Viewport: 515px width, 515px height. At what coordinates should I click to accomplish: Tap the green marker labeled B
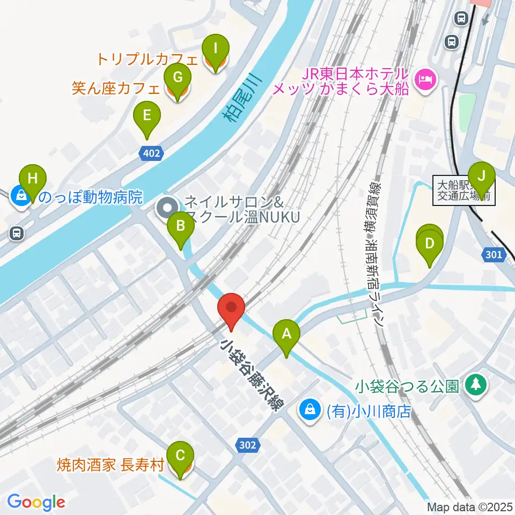pos(181,226)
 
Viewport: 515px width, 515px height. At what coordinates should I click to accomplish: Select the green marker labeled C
pos(180,456)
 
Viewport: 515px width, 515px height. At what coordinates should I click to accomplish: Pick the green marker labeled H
pos(33,178)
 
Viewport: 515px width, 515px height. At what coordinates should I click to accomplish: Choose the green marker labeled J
pos(482,175)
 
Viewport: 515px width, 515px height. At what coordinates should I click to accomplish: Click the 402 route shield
pos(151,154)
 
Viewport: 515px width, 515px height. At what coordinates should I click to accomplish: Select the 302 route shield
pos(247,445)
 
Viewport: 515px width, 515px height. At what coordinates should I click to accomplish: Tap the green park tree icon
pos(476,385)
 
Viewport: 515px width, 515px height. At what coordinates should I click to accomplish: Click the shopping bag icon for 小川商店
pos(310,410)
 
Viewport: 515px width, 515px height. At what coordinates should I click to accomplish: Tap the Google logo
pos(36,503)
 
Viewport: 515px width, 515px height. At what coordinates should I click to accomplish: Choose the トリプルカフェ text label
pos(148,58)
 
